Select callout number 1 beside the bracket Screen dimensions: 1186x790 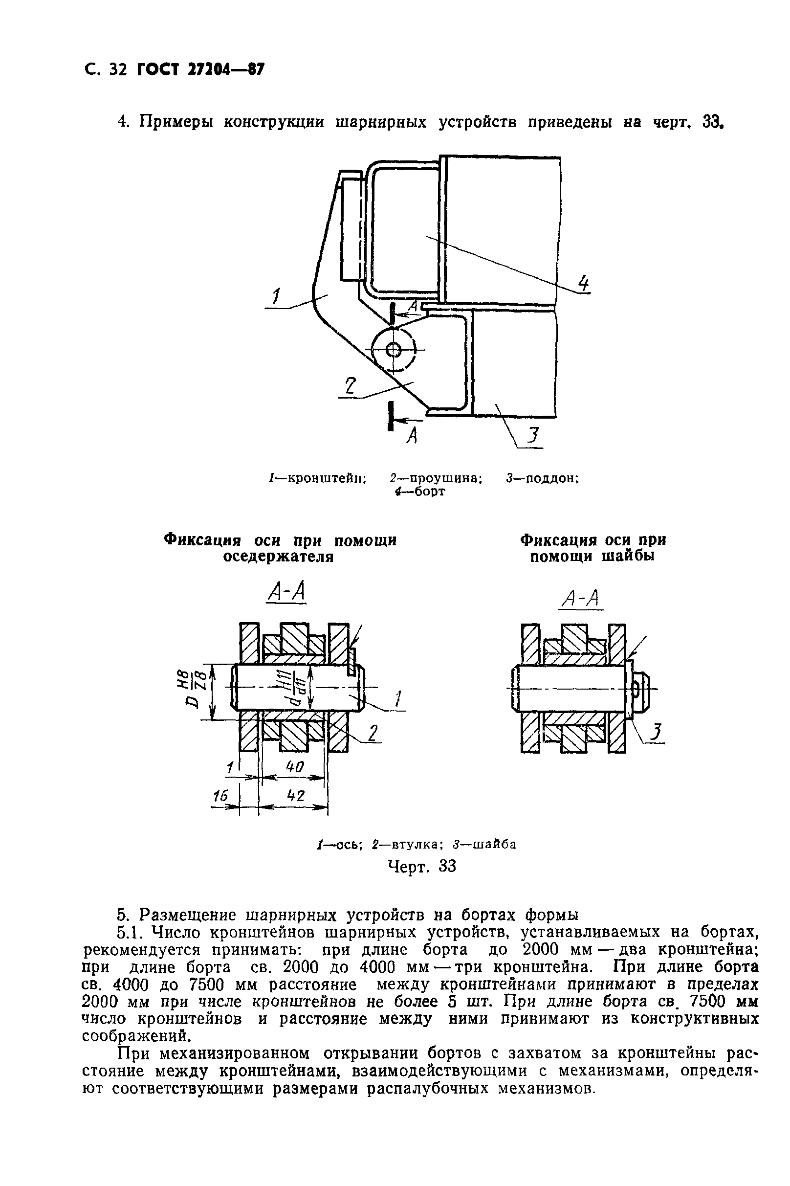(x=276, y=296)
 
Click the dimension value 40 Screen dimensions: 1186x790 (x=295, y=767)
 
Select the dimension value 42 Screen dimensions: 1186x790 (x=296, y=796)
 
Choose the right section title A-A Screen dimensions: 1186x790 (x=580, y=599)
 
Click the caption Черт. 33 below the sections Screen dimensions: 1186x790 (x=422, y=866)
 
